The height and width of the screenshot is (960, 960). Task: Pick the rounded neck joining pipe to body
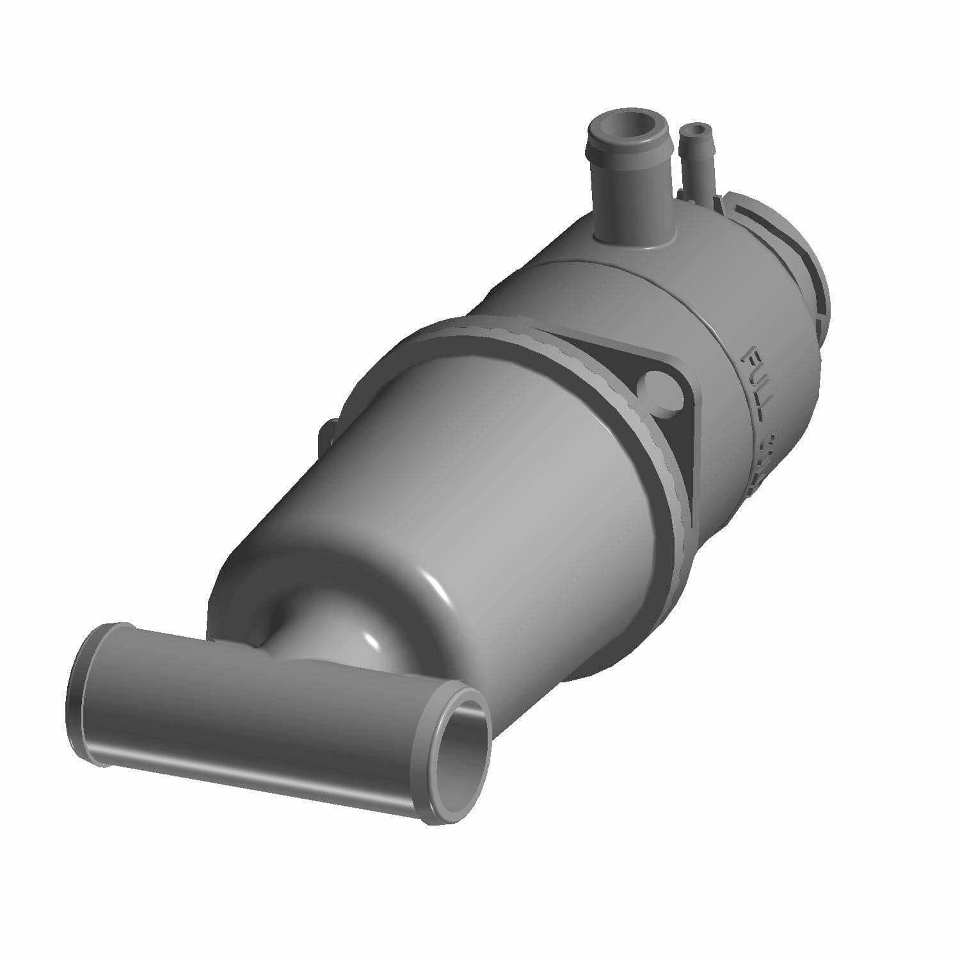[x=339, y=634]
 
